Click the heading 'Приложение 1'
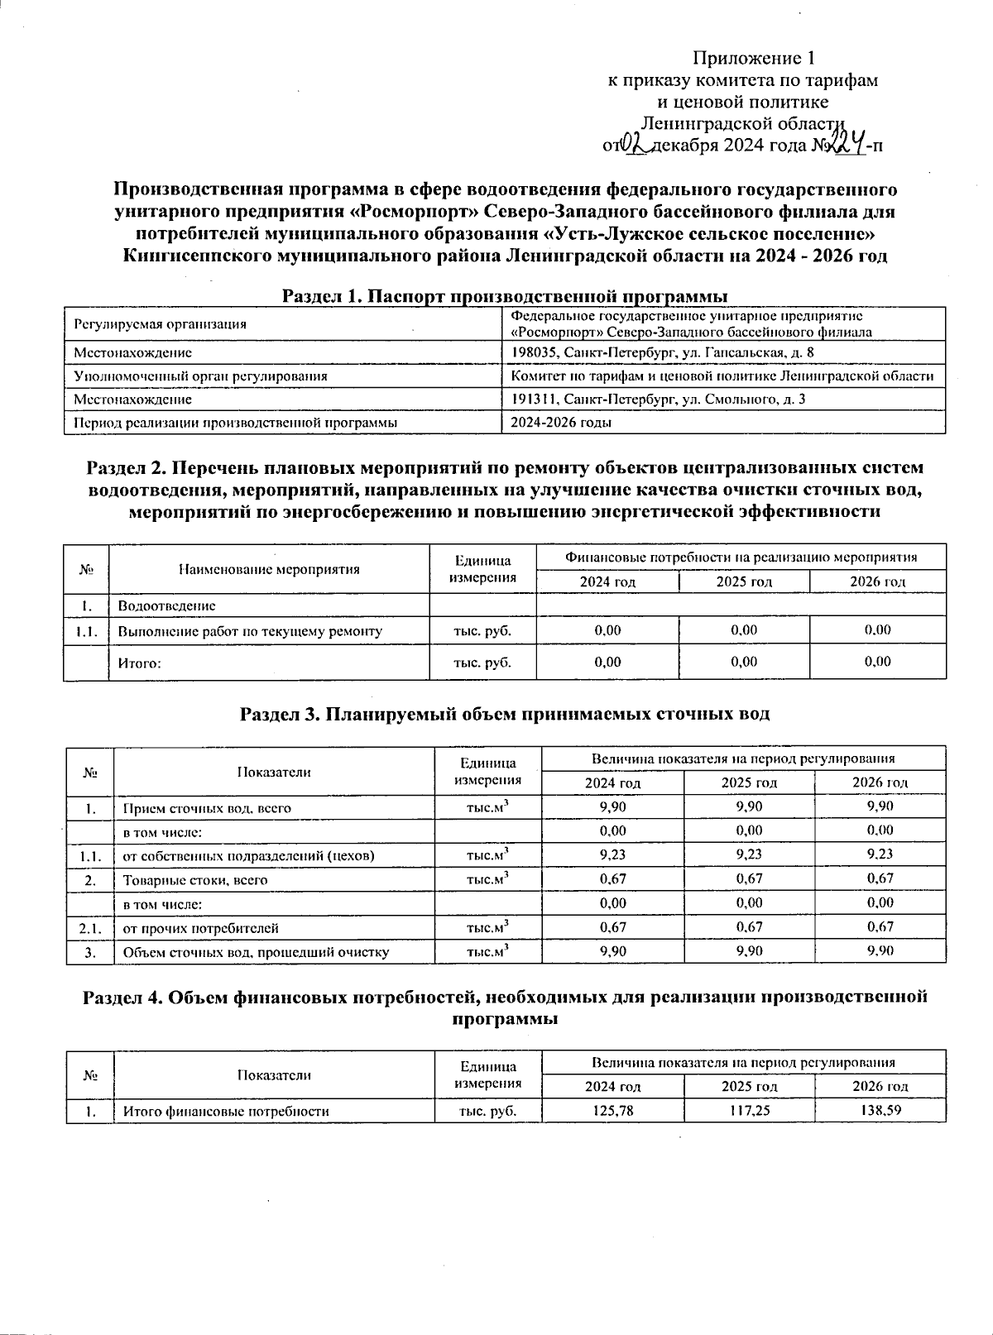[x=754, y=58]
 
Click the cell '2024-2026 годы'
[x=562, y=422]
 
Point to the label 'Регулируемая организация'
[x=161, y=324]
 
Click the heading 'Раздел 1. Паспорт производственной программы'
[x=505, y=295]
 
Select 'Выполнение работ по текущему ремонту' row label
[x=250, y=631]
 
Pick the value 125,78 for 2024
[x=613, y=1111]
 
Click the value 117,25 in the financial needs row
[x=750, y=1111]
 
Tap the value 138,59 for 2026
[x=880, y=1111]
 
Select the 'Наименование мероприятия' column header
[x=269, y=569]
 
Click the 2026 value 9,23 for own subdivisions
[x=880, y=854]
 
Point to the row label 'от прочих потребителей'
[x=201, y=928]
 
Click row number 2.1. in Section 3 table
[x=90, y=928]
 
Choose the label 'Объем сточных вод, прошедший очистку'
[x=257, y=952]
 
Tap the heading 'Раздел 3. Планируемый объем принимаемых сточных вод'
[x=505, y=713]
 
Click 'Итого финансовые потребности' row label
[x=226, y=1111]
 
